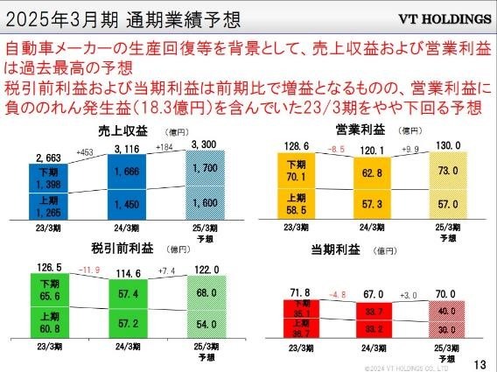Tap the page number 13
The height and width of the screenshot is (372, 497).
point(479,362)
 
